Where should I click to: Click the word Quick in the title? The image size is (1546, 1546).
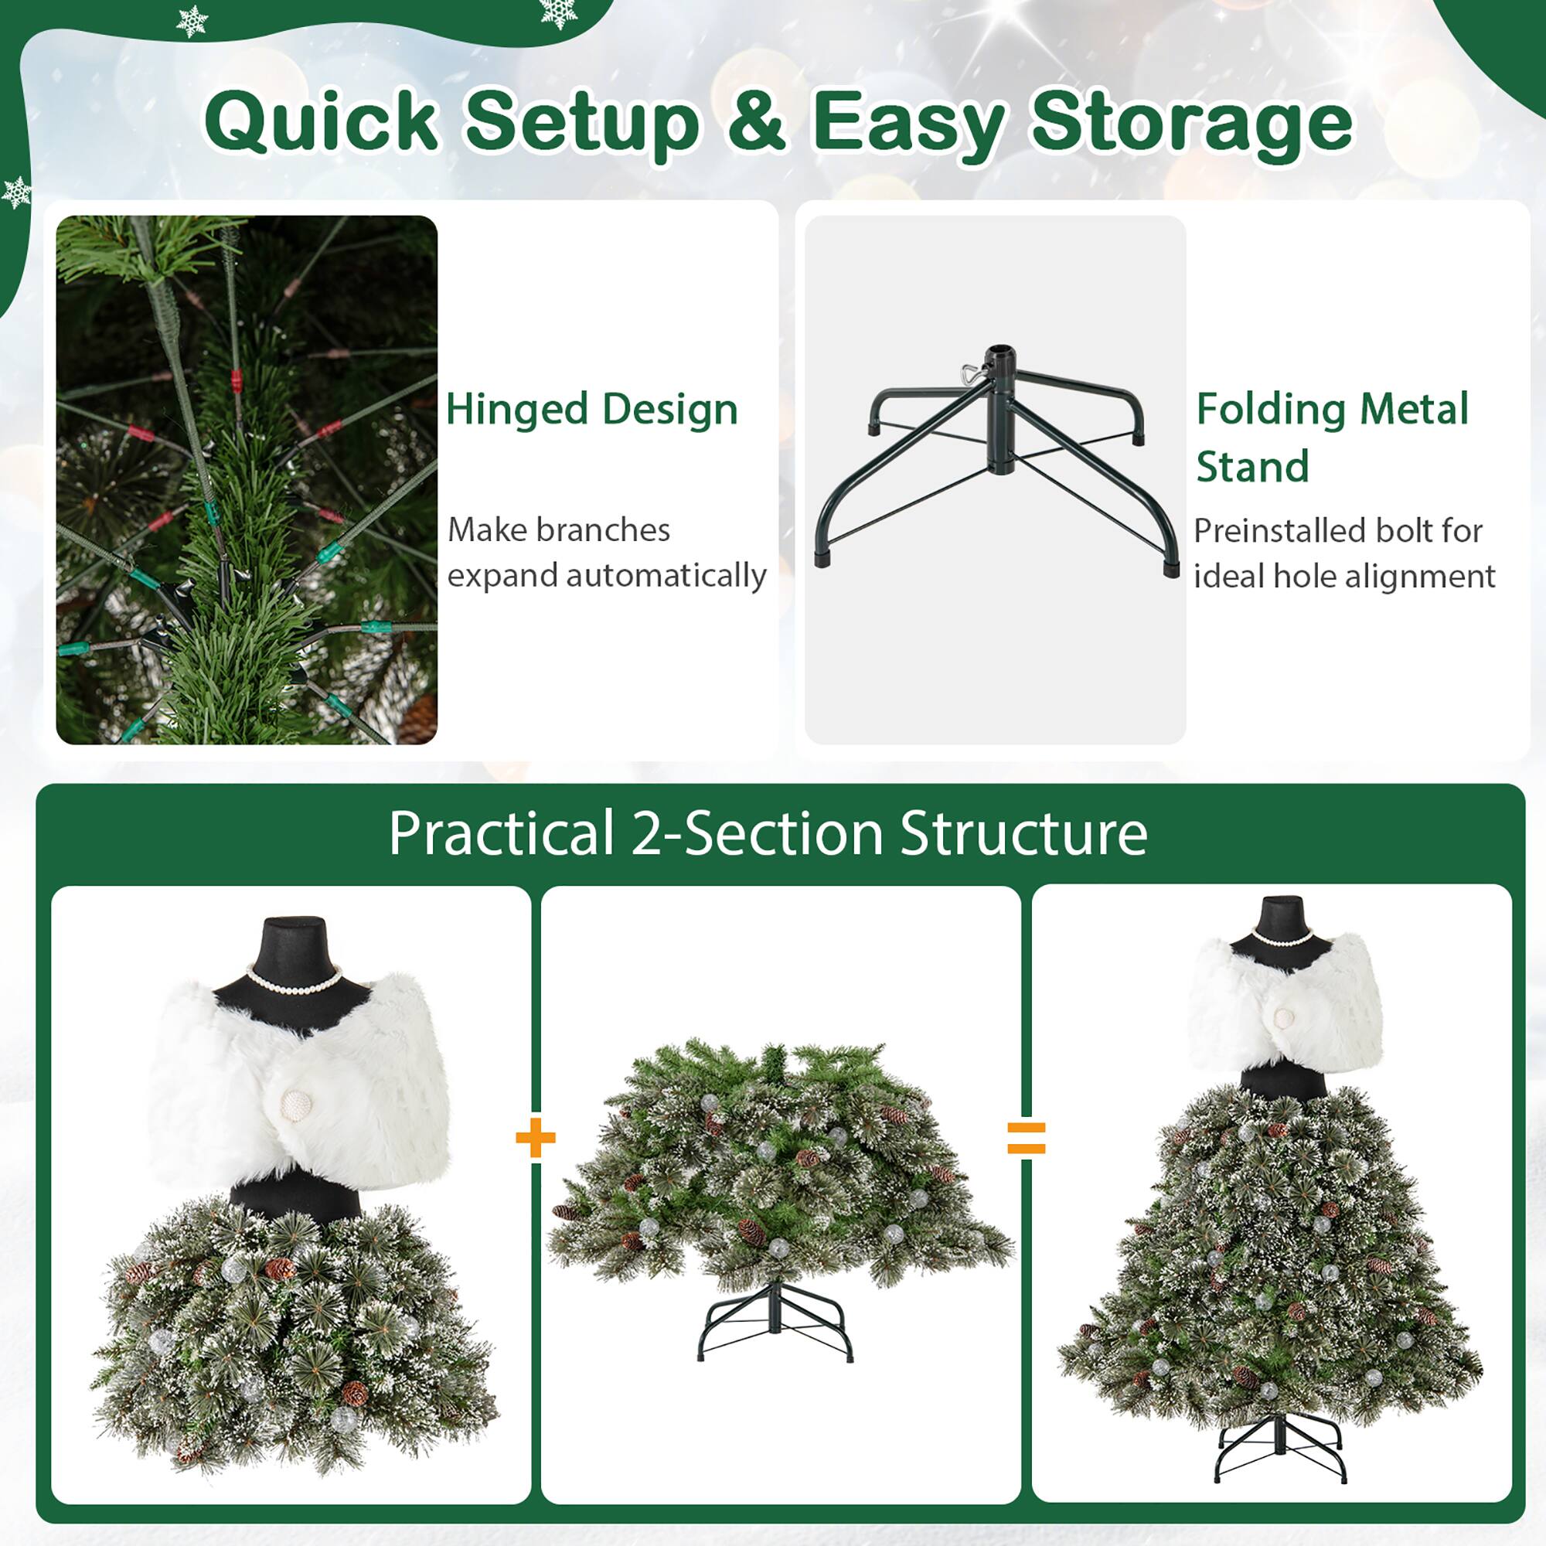point(320,121)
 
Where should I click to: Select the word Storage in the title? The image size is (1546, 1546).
point(1191,121)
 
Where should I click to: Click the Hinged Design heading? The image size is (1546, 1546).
point(591,410)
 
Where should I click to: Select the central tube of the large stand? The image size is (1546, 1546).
point(1000,408)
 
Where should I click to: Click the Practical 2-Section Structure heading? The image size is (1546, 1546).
point(768,834)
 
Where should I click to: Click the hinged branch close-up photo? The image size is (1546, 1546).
point(247,479)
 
